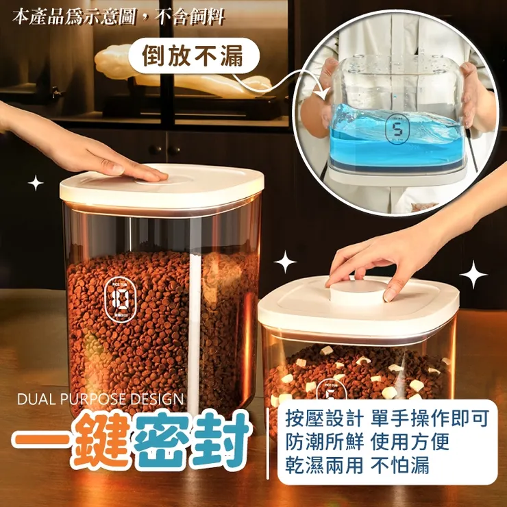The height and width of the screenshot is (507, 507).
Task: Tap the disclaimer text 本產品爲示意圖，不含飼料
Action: tap(118, 16)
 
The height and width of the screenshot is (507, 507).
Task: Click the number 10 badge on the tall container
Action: tap(119, 298)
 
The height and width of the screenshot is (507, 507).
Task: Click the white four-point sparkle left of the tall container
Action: tap(36, 183)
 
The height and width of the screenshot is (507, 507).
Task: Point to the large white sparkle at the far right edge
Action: tap(473, 275)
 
